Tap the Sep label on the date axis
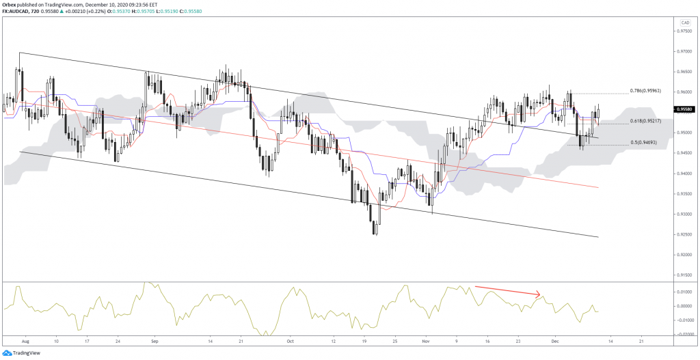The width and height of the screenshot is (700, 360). click(154, 340)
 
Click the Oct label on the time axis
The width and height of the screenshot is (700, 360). click(291, 340)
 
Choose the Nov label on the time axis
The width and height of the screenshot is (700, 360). click(427, 340)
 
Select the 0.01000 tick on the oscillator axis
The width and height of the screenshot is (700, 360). click(683, 292)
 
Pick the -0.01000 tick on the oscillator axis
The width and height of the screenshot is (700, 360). click(683, 320)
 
